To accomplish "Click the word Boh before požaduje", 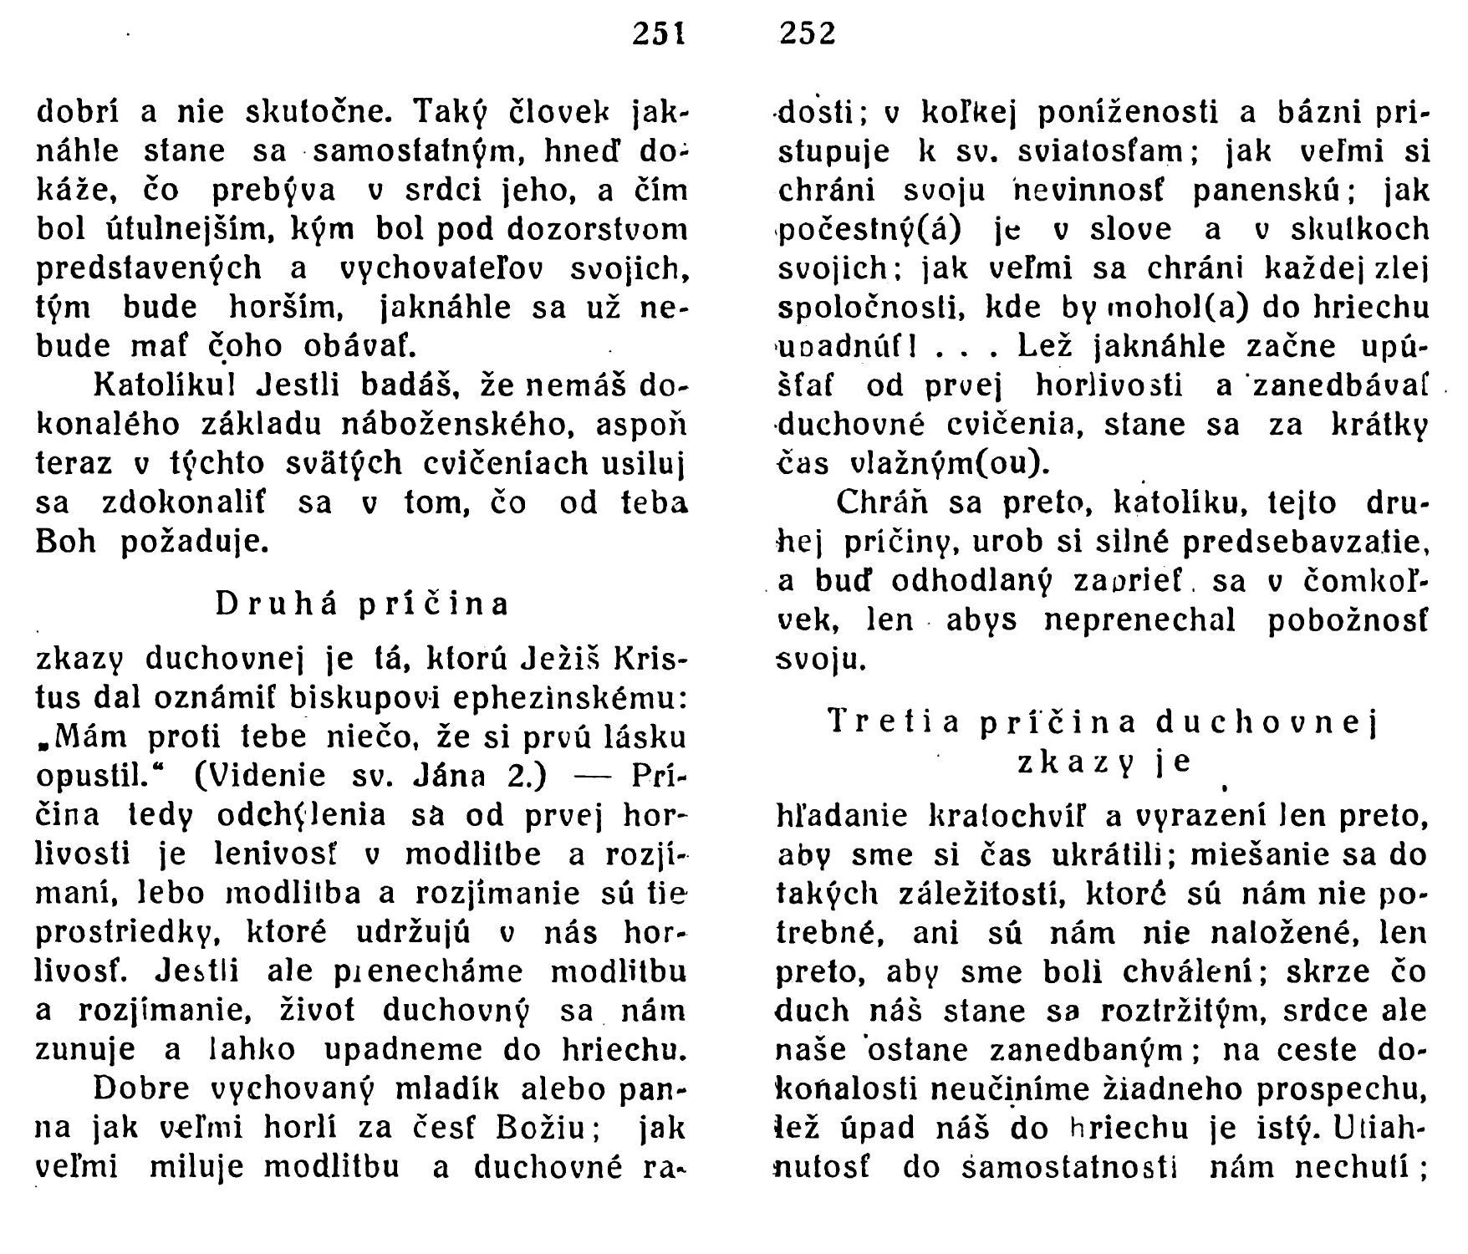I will pyautogui.click(x=67, y=543).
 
